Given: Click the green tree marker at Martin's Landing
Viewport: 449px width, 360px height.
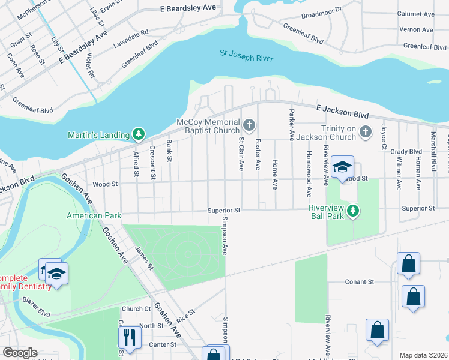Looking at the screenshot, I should pyautogui.click(x=139, y=133).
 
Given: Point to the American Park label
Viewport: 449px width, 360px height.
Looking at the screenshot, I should pyautogui.click(x=94, y=215).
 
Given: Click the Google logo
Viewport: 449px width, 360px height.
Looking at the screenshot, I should pyautogui.click(x=20, y=353).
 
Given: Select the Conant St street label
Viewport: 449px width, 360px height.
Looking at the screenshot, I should pyautogui.click(x=359, y=281).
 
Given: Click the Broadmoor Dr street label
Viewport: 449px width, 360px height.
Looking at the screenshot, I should pyautogui.click(x=321, y=11).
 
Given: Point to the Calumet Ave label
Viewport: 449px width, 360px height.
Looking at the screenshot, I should pyautogui.click(x=416, y=14).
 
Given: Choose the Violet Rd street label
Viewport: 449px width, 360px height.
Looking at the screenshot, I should pyautogui.click(x=91, y=65).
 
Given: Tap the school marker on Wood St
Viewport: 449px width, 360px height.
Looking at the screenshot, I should pyautogui.click(x=342, y=168).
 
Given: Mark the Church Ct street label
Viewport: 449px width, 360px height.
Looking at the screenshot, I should pyautogui.click(x=136, y=309).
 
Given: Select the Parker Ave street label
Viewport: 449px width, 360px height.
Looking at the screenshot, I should pyautogui.click(x=292, y=124).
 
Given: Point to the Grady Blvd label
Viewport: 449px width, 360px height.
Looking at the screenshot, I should pyautogui.click(x=406, y=152).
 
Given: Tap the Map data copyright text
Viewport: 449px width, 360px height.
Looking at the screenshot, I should pyautogui.click(x=423, y=355).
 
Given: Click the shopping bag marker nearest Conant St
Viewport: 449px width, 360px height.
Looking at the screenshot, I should pyautogui.click(x=408, y=265).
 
